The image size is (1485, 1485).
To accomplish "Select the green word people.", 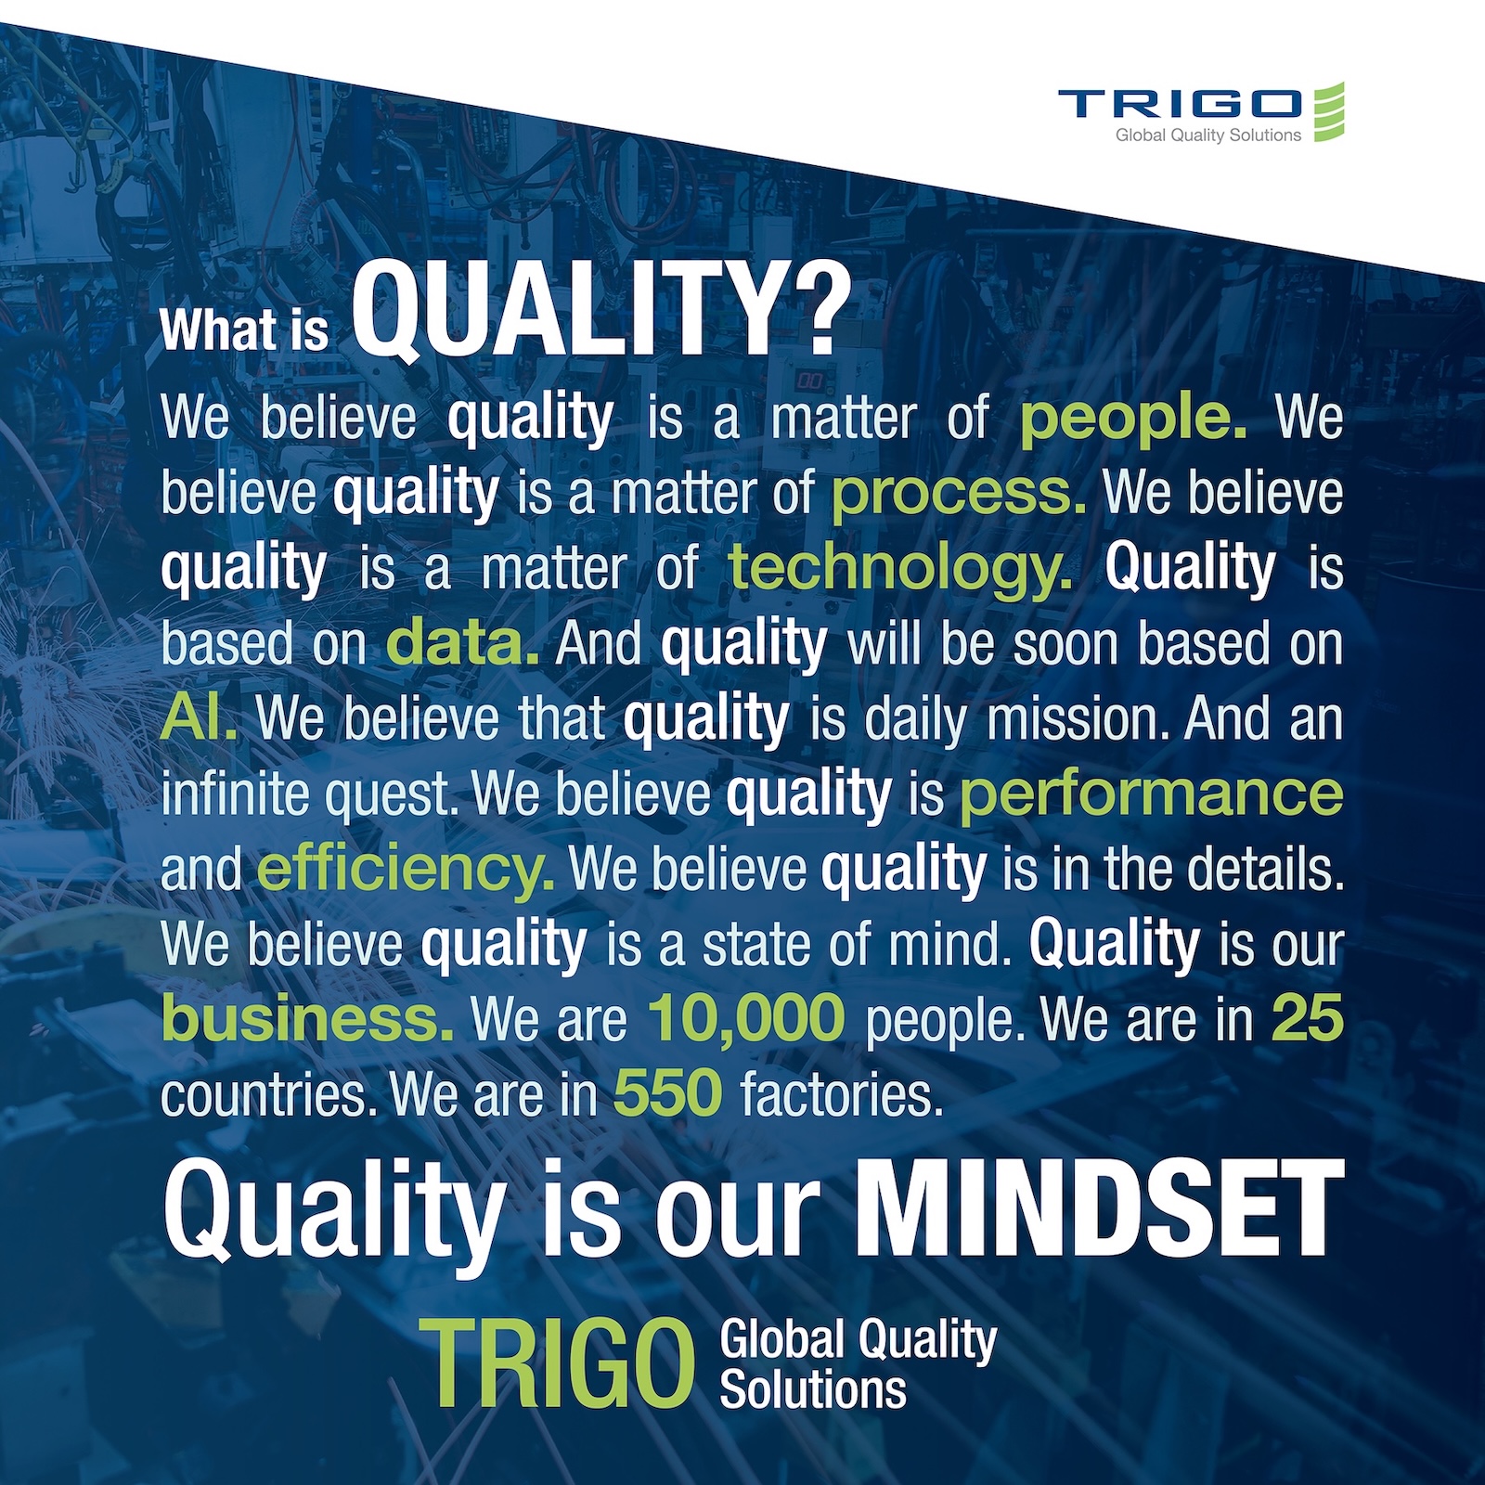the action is [1133, 420].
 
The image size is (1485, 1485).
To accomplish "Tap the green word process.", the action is [958, 494].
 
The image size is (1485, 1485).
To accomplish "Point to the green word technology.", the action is [899, 567].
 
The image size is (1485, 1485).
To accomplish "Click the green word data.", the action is [462, 642].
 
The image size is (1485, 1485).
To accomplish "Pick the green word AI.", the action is [199, 717].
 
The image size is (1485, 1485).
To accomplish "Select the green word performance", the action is [1151, 795].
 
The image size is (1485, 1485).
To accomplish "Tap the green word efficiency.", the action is [406, 870].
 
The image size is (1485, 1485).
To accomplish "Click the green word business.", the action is [307, 1018].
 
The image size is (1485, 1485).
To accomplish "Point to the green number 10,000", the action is [747, 1018].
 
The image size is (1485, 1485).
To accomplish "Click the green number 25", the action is [1308, 1018].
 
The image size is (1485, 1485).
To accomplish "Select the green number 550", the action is [668, 1094].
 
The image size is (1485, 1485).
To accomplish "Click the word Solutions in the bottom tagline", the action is [813, 1390].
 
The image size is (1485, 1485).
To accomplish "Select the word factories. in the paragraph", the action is [842, 1094].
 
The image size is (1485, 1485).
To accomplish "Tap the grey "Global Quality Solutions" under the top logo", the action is [1208, 136].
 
